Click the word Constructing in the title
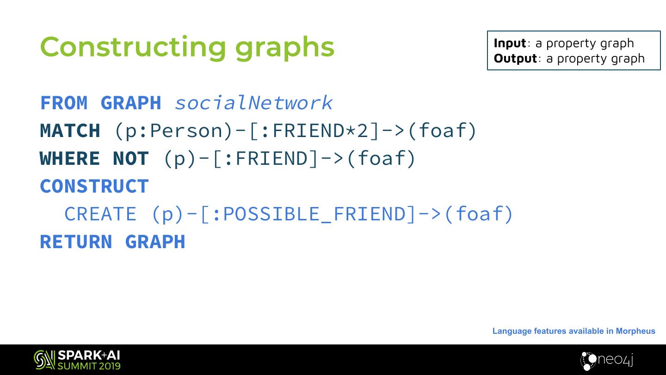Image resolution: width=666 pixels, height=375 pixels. pyautogui.click(x=132, y=47)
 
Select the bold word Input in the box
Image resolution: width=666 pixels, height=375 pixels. pyautogui.click(x=510, y=43)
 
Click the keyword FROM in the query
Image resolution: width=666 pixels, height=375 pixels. pyautogui.click(x=64, y=103)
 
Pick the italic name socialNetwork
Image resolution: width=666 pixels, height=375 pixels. pyautogui.click(x=253, y=103)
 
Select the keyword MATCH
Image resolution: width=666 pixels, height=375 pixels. pyautogui.click(x=70, y=131)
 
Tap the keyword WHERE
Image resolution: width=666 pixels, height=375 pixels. pyautogui.click(x=70, y=158)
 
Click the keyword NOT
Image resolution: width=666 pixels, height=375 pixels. pyautogui.click(x=130, y=158)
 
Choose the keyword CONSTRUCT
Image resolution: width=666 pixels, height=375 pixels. pyautogui.click(x=94, y=186)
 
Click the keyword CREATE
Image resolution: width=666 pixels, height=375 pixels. pyautogui.click(x=100, y=214)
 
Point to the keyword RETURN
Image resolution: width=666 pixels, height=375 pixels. pyautogui.click(x=76, y=242)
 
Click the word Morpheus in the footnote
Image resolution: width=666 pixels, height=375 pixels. pyautogui.click(x=635, y=331)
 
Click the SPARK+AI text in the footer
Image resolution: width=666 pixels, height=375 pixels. pyautogui.click(x=89, y=356)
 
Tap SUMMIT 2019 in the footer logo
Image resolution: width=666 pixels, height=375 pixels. pyautogui.click(x=89, y=366)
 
